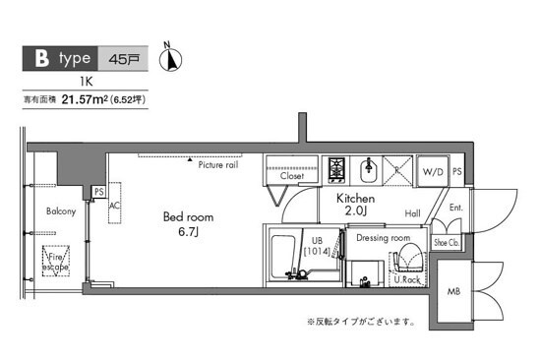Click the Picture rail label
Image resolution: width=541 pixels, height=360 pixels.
tap(217, 164)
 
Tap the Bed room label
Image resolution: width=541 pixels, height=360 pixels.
tap(188, 216)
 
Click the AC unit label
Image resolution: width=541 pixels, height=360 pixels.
tap(115, 207)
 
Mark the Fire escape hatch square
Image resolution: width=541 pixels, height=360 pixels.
tap(55, 263)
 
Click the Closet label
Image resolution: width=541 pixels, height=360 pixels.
tap(291, 177)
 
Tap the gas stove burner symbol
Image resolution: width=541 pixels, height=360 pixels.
tap(335, 169)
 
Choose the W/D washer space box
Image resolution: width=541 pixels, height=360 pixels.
tap(433, 172)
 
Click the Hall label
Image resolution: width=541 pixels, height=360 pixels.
tap(412, 213)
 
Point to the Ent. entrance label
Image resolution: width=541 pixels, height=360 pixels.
tap(455, 208)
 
